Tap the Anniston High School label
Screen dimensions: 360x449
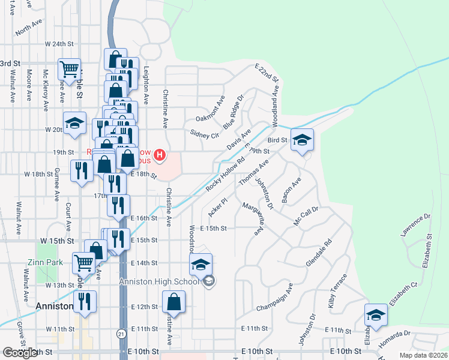[x=159, y=282]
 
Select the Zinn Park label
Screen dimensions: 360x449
[x=41, y=262]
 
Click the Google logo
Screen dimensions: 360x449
[x=20, y=353]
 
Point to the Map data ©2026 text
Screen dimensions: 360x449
[x=423, y=355]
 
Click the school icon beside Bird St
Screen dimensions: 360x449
[x=303, y=140]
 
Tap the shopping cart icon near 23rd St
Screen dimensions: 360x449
[x=70, y=69]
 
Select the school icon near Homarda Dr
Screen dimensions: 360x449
[x=376, y=316]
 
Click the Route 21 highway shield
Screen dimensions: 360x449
[x=122, y=334]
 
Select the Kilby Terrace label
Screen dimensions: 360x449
[x=337, y=291]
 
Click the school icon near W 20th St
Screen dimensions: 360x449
[x=74, y=124]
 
